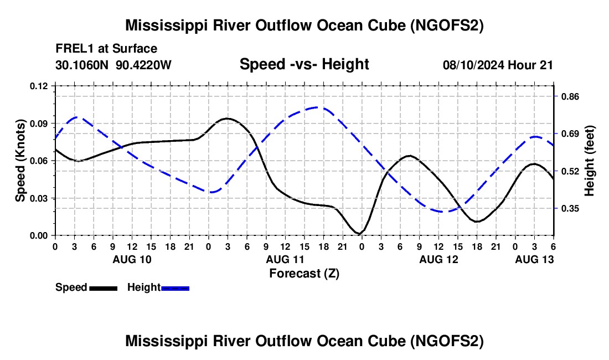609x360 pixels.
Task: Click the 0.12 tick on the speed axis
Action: click(x=38, y=86)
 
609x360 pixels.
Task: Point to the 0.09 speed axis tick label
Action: click(x=38, y=124)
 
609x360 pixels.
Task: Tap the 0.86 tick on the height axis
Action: click(x=570, y=96)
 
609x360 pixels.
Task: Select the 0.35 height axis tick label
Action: click(x=570, y=209)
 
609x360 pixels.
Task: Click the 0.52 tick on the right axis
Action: click(x=570, y=171)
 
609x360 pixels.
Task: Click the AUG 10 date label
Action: click(x=132, y=259)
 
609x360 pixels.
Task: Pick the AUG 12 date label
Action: click(x=439, y=259)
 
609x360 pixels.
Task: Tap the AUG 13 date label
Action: click(x=534, y=259)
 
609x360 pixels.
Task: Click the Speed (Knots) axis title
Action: click(x=20, y=161)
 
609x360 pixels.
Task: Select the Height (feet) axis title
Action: click(x=589, y=161)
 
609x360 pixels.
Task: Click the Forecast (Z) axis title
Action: click(x=304, y=274)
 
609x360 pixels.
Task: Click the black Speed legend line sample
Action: click(x=104, y=288)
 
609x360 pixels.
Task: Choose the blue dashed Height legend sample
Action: click(x=175, y=288)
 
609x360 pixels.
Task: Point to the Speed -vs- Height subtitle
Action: click(x=304, y=64)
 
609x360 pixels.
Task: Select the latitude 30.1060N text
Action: click(x=82, y=65)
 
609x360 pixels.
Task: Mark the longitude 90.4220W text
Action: click(x=143, y=65)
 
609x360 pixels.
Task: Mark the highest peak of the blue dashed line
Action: click(x=318, y=107)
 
